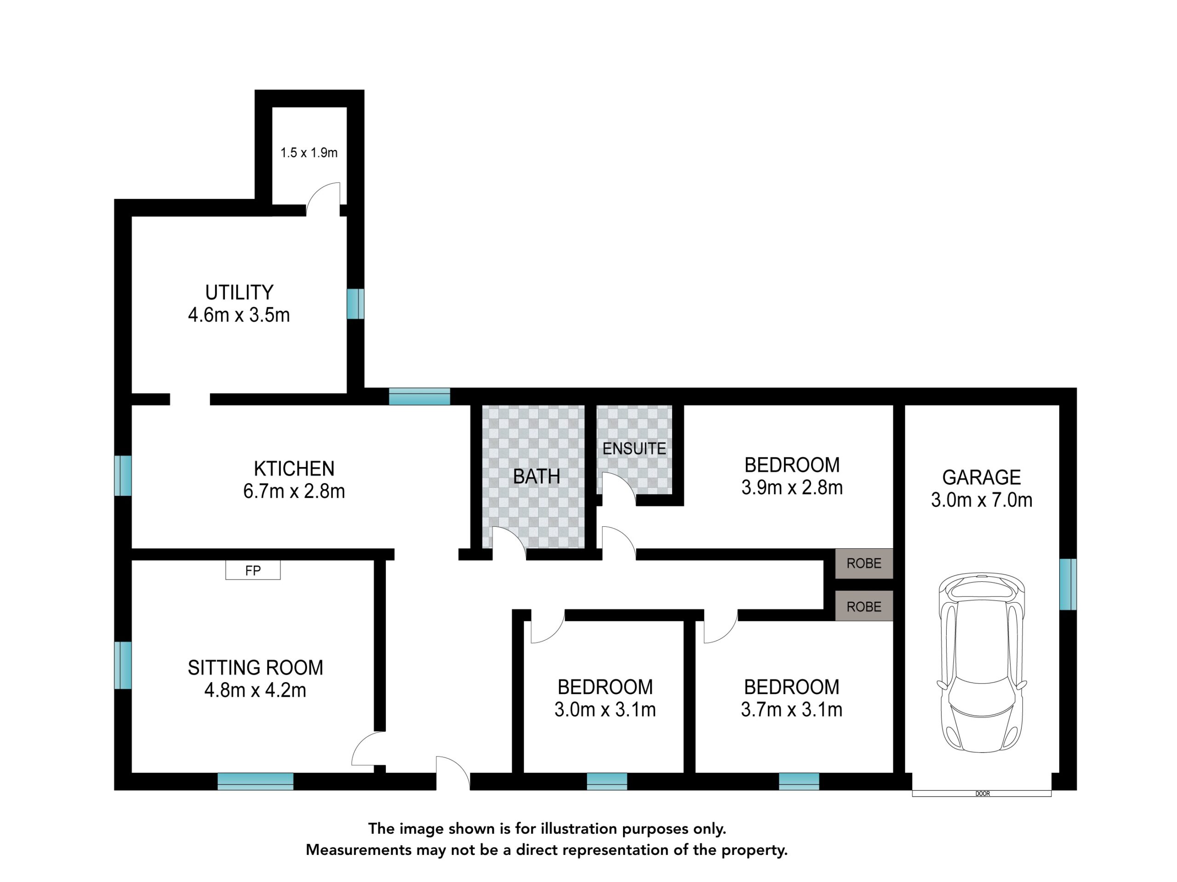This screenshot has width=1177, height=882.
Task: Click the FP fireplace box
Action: pos(253,570)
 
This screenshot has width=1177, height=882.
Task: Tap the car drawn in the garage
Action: pos(982,662)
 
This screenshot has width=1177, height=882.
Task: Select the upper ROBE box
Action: pos(863,563)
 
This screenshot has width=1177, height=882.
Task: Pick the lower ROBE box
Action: pos(863,606)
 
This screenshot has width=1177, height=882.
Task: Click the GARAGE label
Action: pos(981,477)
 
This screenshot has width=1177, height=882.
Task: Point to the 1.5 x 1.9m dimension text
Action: pos(309,153)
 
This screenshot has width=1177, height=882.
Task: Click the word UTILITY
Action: pos(240,293)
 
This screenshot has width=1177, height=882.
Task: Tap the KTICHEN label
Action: pos(294,469)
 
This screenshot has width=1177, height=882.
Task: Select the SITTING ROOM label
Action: pos(256,668)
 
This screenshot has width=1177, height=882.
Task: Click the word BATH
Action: pos(537,476)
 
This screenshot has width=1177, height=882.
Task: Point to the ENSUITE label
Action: pos(634,449)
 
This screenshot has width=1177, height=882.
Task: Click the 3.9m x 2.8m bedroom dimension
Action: pos(792,487)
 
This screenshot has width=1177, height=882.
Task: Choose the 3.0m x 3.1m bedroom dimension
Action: pos(605,709)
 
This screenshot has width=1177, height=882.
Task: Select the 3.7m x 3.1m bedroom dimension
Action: pos(791,709)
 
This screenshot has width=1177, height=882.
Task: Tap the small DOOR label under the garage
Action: pos(982,794)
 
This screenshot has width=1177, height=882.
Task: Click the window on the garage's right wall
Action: pos(1068,584)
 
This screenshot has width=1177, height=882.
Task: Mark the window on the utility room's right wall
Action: pos(355,304)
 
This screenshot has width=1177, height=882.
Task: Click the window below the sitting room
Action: pos(256,781)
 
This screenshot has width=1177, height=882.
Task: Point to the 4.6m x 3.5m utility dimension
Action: pos(239,315)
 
